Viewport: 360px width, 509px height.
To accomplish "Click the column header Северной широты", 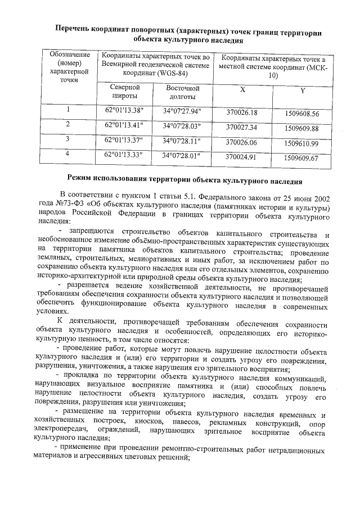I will (x=124, y=92).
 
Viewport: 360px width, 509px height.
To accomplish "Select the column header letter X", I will (x=242, y=90).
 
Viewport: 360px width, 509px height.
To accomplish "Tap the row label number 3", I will (x=67, y=138).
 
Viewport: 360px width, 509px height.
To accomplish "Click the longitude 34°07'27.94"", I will (x=182, y=110).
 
